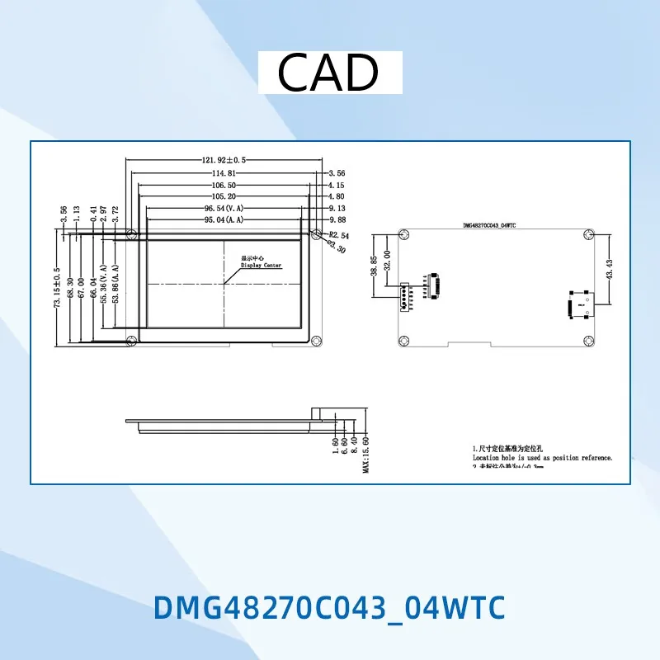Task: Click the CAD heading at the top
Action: [x=328, y=73]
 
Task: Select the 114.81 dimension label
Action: [x=224, y=173]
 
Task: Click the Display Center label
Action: [x=261, y=266]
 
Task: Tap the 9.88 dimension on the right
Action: [x=336, y=220]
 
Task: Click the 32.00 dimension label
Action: [x=387, y=264]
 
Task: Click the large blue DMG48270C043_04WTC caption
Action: [x=328, y=608]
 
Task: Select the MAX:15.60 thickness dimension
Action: [x=365, y=455]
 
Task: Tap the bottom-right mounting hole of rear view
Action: [x=587, y=339]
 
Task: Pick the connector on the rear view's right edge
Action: [x=577, y=304]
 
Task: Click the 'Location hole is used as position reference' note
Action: [x=542, y=457]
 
